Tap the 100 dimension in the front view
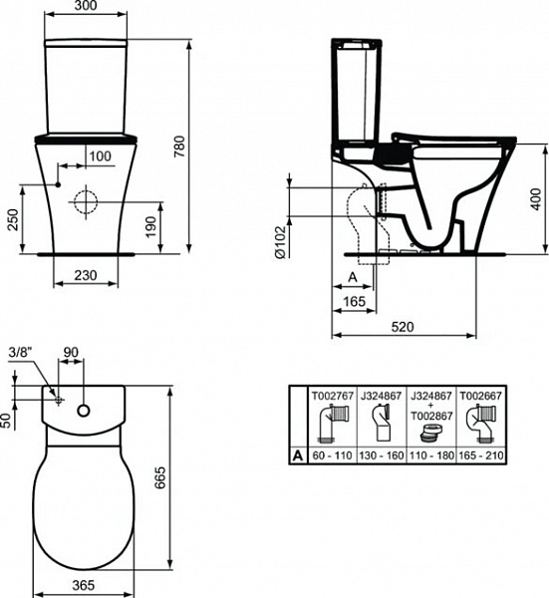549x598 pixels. click(x=100, y=156)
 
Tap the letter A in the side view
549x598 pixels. click(x=351, y=275)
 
